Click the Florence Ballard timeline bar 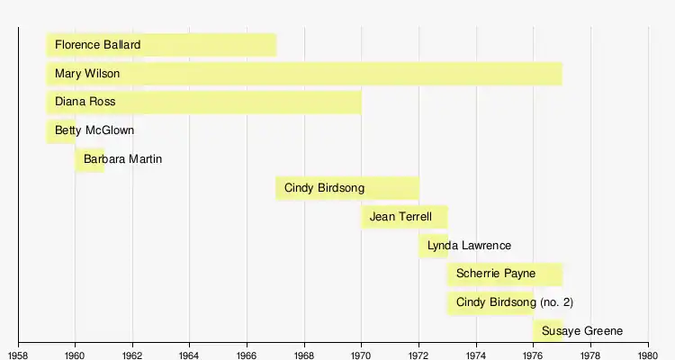(161, 44)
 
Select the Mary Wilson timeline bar (304, 73)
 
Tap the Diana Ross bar (203, 102)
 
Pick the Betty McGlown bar (60, 130)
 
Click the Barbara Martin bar (89, 159)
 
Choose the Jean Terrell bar (404, 217)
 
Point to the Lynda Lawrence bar (433, 246)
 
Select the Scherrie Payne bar (504, 274)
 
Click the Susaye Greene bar (547, 331)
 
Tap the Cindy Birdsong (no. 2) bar (490, 302)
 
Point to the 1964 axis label (190, 352)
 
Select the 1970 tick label (362, 352)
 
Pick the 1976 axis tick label (534, 352)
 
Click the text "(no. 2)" (556, 302)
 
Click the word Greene (603, 331)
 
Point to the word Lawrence (481, 246)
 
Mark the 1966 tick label (247, 352)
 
